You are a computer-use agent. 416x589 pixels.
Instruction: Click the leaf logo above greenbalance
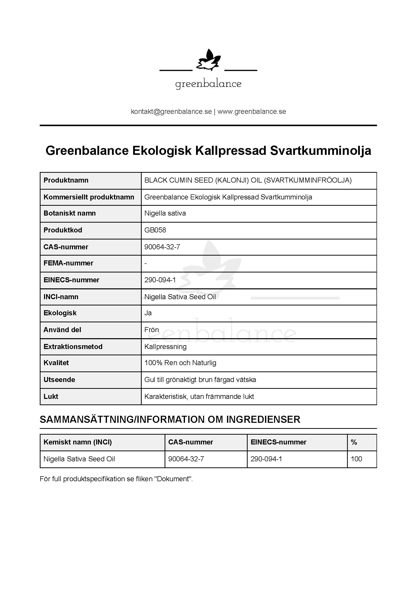tap(208, 60)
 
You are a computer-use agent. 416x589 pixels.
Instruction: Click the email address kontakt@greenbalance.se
tap(171, 112)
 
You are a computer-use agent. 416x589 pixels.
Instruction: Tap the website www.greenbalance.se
tap(252, 112)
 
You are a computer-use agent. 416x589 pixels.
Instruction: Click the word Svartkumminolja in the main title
tap(321, 151)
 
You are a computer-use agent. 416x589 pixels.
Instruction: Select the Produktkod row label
tap(63, 230)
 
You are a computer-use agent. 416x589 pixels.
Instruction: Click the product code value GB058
tap(155, 230)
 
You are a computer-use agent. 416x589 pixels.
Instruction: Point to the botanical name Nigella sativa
tap(165, 213)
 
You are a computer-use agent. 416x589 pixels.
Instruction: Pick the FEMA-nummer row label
tap(68, 263)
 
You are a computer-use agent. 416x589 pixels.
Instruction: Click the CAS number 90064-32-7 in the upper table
tap(162, 247)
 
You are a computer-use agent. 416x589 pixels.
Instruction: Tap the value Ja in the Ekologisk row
tap(148, 313)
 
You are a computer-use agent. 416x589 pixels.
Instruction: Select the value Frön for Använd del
tap(152, 330)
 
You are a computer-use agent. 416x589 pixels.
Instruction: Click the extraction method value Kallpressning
tap(165, 347)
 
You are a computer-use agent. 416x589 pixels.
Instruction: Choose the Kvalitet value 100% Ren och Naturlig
tap(180, 363)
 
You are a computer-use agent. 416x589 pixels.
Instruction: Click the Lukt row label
tap(51, 397)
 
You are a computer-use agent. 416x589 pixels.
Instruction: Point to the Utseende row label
tap(59, 380)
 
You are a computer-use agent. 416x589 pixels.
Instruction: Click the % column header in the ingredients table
tap(354, 442)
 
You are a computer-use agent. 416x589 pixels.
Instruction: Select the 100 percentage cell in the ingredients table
tap(356, 459)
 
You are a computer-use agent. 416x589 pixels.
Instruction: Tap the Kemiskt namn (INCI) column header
tap(78, 442)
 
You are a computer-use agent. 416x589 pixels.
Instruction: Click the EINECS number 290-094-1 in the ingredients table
tap(266, 459)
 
